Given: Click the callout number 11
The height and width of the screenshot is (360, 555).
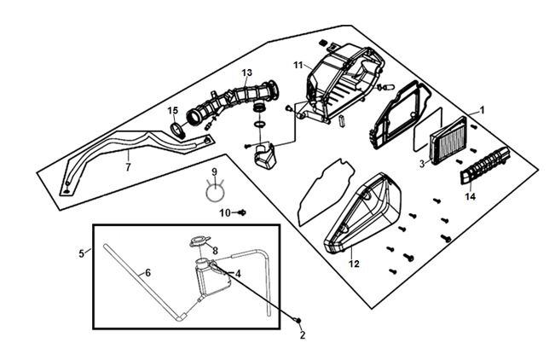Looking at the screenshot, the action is [298, 65].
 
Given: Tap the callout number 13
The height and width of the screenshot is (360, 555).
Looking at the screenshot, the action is [247, 73].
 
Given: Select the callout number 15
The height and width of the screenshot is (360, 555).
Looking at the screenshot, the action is [173, 111].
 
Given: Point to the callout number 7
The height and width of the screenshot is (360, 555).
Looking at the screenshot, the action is [128, 167].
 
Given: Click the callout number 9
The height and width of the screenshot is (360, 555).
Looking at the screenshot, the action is [214, 171].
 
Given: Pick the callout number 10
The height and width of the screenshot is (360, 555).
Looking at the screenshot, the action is [225, 213].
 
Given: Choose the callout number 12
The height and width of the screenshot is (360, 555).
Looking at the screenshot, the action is [354, 264].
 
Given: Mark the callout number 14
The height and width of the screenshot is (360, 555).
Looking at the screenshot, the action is [471, 196].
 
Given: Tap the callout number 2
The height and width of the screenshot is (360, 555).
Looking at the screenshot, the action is [303, 335].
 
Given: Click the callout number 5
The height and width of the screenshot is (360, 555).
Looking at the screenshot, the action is [81, 253].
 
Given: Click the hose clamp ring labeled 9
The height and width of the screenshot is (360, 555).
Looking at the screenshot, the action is [215, 192].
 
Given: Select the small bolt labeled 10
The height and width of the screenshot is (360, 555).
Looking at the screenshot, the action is [242, 212].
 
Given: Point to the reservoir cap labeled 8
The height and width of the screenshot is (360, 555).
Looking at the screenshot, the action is [200, 241].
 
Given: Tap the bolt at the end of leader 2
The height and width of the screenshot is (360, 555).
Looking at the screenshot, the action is [298, 320].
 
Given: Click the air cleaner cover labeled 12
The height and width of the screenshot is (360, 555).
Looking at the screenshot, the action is [363, 213].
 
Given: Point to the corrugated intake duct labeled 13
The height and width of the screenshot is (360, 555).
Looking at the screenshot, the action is [232, 102].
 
